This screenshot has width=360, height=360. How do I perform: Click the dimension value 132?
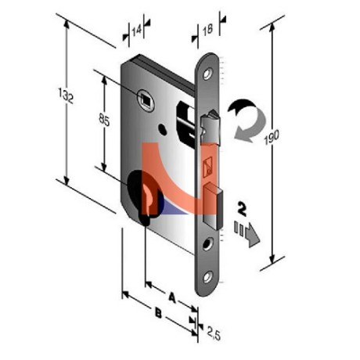point(66,95)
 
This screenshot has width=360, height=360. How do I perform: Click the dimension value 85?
point(104,120)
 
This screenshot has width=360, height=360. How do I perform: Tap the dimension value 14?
point(136,31)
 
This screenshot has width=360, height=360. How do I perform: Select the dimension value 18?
point(208,30)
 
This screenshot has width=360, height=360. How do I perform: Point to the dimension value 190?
point(272,137)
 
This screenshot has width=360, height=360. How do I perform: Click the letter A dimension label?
point(172,297)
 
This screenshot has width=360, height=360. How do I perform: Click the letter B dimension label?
point(158,313)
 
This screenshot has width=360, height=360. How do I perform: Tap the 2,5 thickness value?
point(214,333)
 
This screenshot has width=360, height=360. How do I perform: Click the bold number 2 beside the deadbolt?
point(242,209)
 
